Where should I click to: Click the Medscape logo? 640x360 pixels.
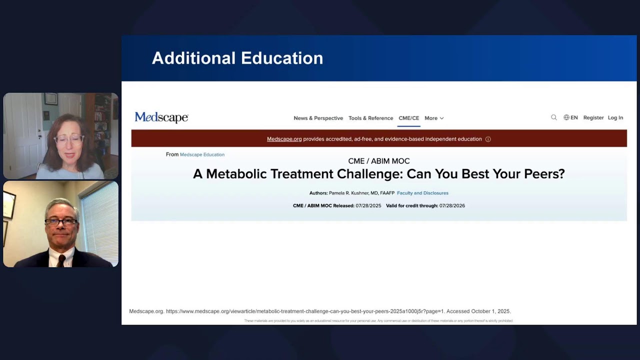coord(161,117)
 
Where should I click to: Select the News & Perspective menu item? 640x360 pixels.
coord(318,118)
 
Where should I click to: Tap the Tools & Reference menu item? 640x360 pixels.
coord(370,118)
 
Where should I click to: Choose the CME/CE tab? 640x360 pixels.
coord(408,118)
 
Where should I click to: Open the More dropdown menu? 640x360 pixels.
coord(434,118)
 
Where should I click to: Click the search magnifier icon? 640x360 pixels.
coord(554,117)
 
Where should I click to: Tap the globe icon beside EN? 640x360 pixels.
coord(566,117)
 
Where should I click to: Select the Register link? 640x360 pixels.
coord(593,117)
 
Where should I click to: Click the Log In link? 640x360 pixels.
coord(615,117)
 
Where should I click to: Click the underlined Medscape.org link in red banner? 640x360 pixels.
coord(284,139)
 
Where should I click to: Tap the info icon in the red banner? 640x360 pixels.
coord(488,139)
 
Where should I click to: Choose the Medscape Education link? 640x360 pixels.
coord(202,154)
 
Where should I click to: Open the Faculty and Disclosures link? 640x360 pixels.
coord(422,193)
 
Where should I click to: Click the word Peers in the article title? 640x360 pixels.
coord(545,174)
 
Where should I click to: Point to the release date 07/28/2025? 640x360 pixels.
coord(368,205)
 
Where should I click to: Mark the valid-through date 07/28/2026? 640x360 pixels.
coord(452,205)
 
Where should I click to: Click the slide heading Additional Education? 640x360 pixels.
coord(237,58)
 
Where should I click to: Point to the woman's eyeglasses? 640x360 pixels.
coord(68,139)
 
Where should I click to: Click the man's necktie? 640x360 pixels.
coord(61,260)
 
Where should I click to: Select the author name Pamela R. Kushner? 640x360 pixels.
coord(348,193)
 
